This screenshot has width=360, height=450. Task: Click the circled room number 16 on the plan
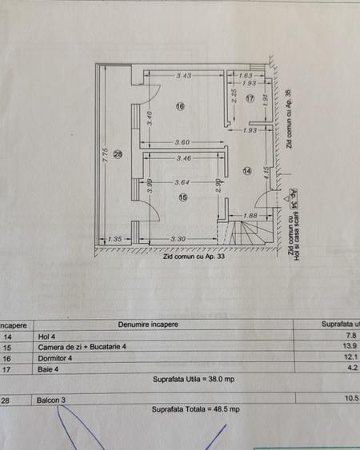(x=180, y=106)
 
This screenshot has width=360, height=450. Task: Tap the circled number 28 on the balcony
(x=118, y=154)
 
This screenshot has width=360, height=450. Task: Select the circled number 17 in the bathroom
(x=250, y=98)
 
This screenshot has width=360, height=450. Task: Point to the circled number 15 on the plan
(x=182, y=197)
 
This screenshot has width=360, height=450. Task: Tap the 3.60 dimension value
(x=184, y=142)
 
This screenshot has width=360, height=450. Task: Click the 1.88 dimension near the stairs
(x=249, y=215)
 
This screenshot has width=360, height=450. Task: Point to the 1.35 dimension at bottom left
(x=114, y=239)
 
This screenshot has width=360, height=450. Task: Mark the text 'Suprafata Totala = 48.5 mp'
(x=195, y=408)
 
